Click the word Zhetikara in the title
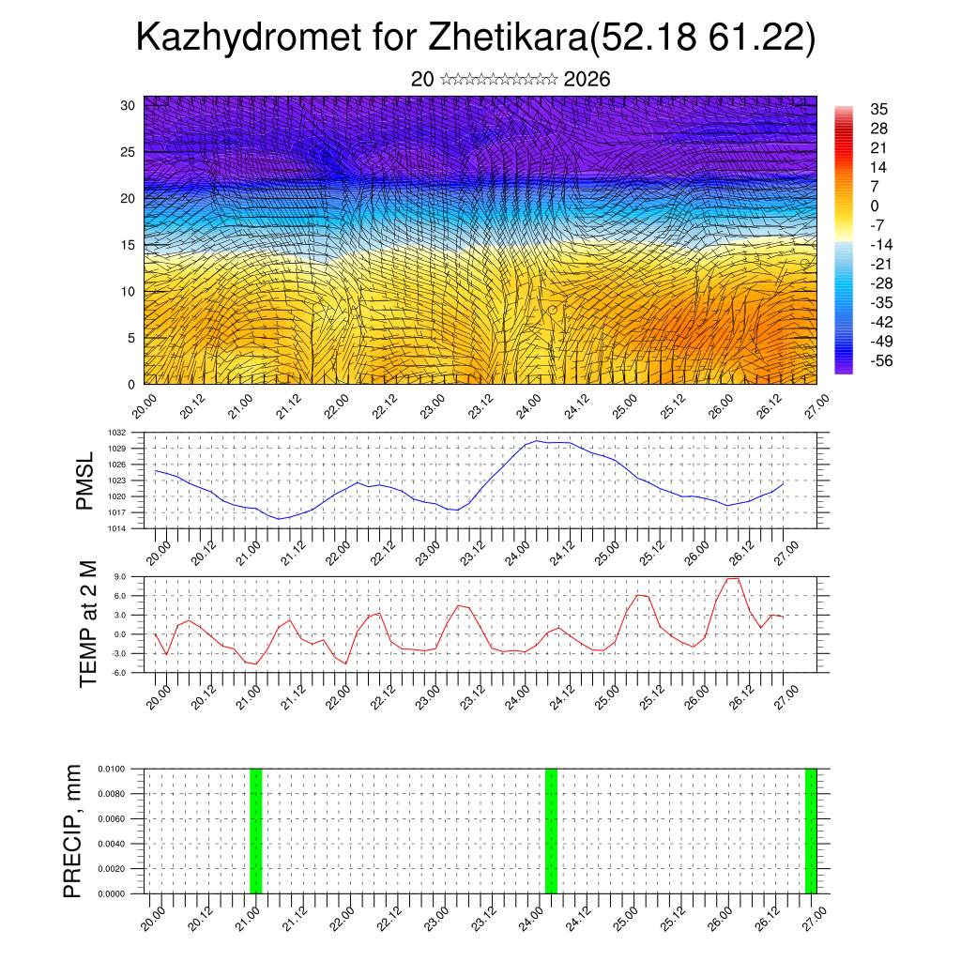507,38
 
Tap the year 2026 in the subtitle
587,80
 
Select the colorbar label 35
879,109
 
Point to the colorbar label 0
875,206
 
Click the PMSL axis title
85,480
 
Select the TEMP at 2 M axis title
88,624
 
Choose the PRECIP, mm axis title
72,831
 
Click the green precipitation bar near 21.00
255,831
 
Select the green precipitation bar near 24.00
551,831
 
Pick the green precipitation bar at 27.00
811,831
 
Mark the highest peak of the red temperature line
733,578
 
